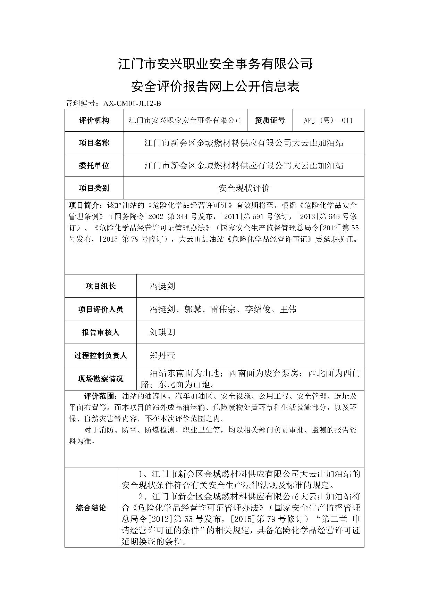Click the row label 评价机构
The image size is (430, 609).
94,120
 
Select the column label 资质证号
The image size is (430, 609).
270,120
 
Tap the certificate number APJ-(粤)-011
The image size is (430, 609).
328,120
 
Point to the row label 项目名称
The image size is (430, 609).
94,143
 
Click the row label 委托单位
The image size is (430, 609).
94,165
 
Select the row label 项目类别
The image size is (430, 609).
94,188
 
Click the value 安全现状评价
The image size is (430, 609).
244,188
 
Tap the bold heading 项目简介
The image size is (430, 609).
85,204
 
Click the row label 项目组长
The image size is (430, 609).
100,286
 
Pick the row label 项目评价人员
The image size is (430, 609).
100,309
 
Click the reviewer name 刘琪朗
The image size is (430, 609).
162,332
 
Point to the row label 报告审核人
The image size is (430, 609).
100,332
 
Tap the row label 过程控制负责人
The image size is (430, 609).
100,355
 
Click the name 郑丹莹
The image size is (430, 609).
162,355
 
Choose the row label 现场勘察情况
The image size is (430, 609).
100,378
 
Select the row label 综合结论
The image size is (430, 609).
91,508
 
